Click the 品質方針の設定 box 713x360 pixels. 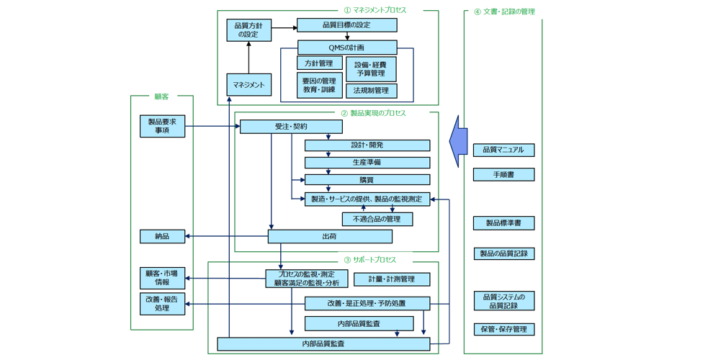(x=249, y=30)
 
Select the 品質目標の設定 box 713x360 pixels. (x=346, y=25)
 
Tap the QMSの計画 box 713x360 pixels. (x=346, y=48)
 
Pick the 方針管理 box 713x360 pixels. (x=319, y=63)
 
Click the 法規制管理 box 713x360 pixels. (x=371, y=91)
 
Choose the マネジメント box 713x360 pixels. (x=248, y=85)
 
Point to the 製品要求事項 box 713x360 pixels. (x=162, y=127)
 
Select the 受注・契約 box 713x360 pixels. (x=290, y=127)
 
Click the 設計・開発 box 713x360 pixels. (x=367, y=145)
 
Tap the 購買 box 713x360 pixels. (x=367, y=180)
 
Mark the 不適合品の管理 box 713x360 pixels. (x=377, y=219)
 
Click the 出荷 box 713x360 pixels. (x=330, y=236)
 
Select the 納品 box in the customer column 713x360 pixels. (x=162, y=236)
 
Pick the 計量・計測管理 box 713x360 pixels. (x=392, y=279)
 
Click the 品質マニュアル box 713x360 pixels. (x=503, y=150)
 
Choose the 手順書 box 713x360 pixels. (x=503, y=174)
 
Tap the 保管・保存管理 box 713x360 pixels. (x=503, y=329)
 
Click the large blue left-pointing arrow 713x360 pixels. (x=458, y=140)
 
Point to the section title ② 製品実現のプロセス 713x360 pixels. (x=373, y=113)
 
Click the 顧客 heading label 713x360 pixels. (x=161, y=96)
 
